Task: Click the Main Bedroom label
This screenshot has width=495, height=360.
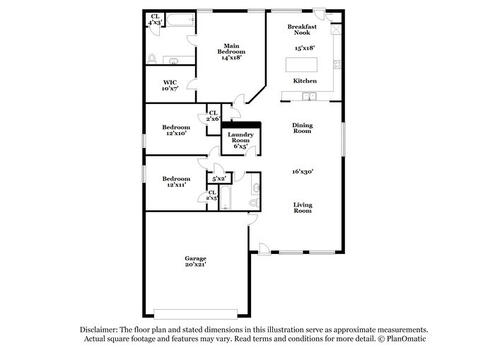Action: point(231,52)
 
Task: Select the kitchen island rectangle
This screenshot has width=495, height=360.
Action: point(301,64)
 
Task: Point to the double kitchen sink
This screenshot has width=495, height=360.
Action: point(308,96)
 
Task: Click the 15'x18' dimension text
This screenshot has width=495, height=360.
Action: point(304,48)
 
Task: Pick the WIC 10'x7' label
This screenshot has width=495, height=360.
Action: point(170,85)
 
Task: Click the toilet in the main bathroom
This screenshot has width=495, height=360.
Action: point(151,58)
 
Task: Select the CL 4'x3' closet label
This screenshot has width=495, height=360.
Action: point(155,20)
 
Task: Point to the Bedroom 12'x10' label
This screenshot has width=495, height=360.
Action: point(176,130)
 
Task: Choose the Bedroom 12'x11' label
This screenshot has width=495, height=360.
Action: point(176,182)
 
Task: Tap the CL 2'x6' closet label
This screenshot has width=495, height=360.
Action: point(212,116)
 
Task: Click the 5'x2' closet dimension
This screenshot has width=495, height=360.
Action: point(219,179)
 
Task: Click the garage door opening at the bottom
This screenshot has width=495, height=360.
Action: point(201,313)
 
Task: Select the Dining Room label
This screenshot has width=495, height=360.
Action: point(303,128)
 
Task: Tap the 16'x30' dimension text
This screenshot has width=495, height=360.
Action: point(303,170)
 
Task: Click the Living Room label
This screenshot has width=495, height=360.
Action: point(303,208)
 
